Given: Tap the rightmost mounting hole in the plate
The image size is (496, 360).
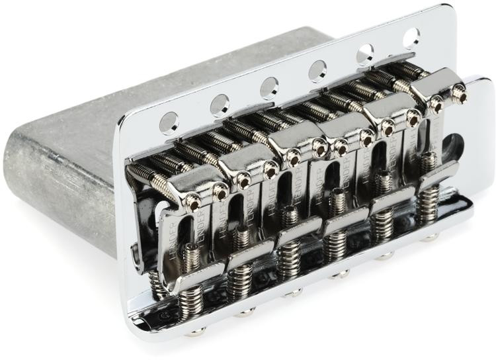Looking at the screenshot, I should pyautogui.click(x=411, y=37).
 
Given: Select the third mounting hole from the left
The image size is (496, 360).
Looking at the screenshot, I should pyautogui.click(x=269, y=87).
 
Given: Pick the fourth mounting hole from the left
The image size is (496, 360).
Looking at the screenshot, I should pyautogui.click(x=317, y=70).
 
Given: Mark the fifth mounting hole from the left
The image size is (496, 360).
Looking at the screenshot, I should pyautogui.click(x=365, y=53).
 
